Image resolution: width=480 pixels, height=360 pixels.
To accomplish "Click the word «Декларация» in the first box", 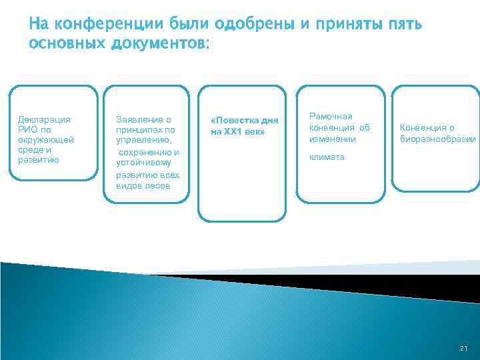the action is click(x=43, y=120).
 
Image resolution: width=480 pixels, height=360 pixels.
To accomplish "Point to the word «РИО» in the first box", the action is click(x=28, y=130).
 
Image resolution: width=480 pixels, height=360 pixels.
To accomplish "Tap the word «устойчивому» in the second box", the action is click(x=143, y=162).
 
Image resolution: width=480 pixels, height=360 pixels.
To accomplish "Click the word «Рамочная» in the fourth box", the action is click(x=330, y=116).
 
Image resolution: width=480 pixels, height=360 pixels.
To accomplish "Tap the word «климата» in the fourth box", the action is click(x=326, y=157).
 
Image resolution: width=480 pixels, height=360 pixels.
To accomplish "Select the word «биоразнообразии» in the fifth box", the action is click(x=438, y=139).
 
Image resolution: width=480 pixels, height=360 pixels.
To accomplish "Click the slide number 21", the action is click(x=463, y=349).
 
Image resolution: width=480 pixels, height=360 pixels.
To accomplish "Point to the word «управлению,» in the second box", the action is click(x=143, y=141).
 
